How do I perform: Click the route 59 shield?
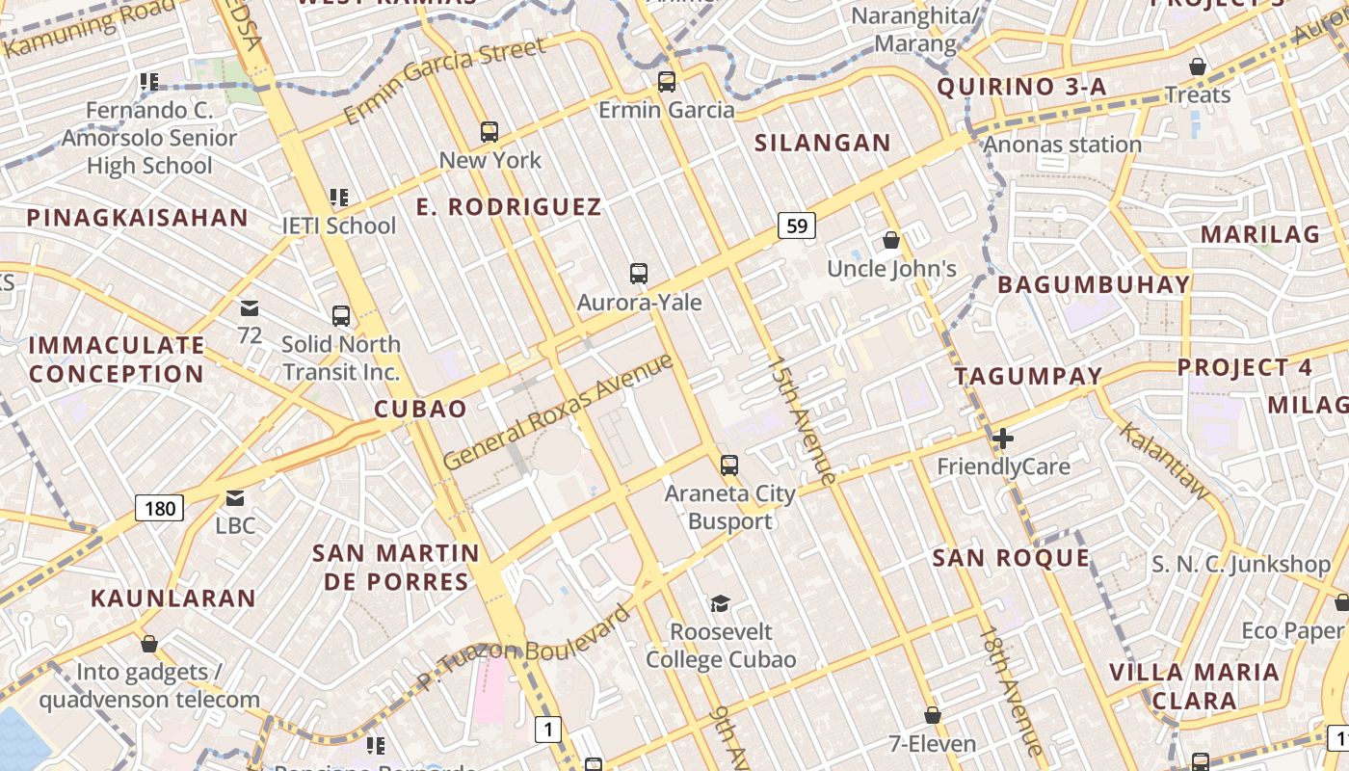(x=797, y=226)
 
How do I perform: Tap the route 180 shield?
(x=159, y=507)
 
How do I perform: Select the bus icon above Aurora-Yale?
(x=639, y=274)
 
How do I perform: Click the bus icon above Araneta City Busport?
(x=729, y=465)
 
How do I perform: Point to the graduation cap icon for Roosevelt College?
(x=720, y=604)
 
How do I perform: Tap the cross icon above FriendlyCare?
(x=1003, y=439)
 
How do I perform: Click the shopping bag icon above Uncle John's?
(x=891, y=240)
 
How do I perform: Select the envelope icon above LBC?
(x=235, y=498)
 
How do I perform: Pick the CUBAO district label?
(x=420, y=409)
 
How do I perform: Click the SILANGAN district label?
(x=823, y=144)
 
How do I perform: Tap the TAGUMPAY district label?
(x=1028, y=377)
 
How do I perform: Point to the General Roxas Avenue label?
(x=559, y=412)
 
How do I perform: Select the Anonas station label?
(x=1062, y=146)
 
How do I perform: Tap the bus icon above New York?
(x=489, y=132)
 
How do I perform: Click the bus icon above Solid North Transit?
(x=341, y=316)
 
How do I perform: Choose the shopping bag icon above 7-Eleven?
(x=932, y=715)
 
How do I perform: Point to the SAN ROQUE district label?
(x=1011, y=558)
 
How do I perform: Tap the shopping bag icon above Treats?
(x=1198, y=67)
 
